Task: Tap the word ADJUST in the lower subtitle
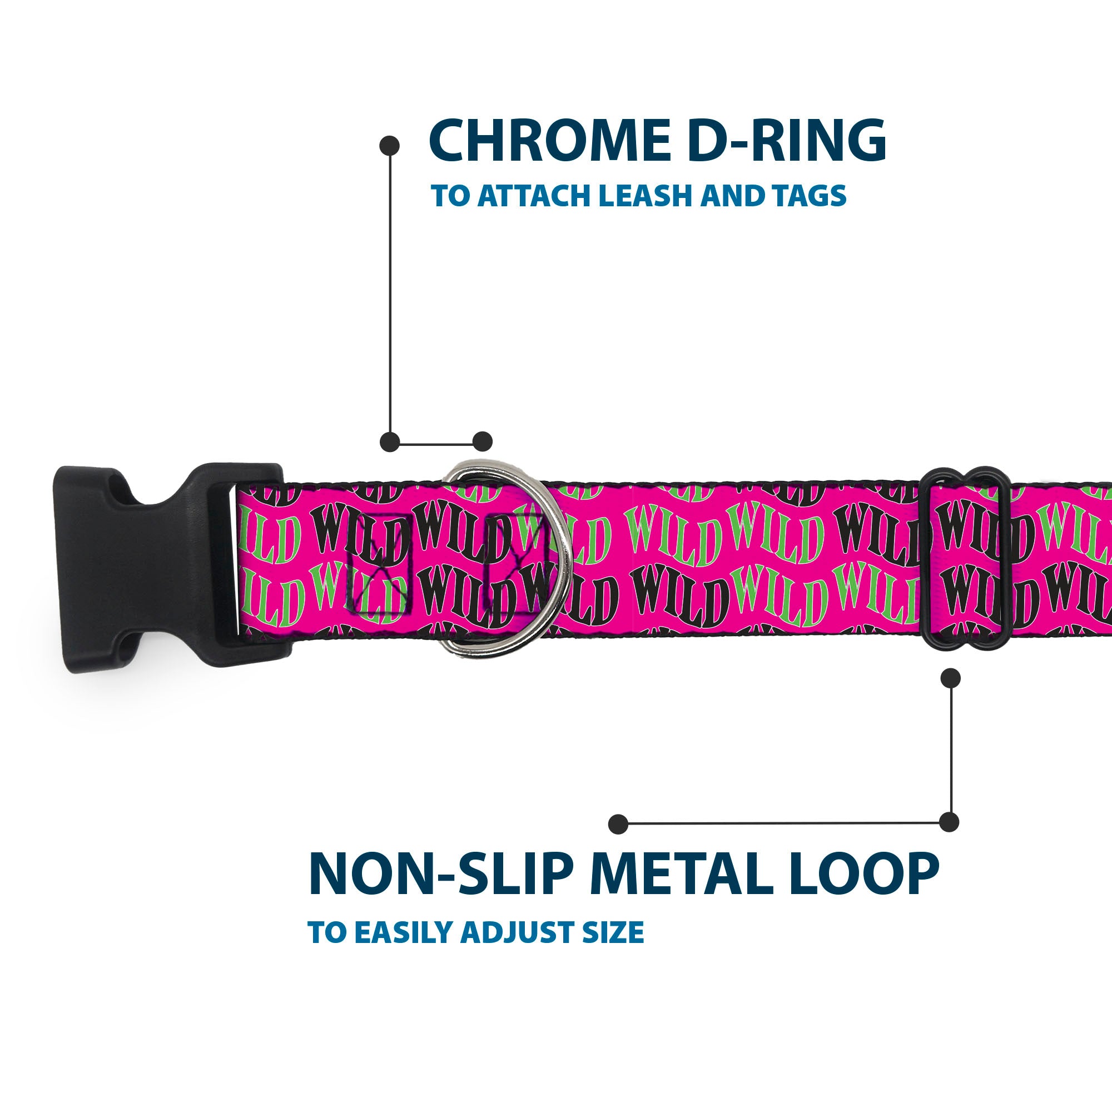click(517, 932)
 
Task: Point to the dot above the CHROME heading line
click(390, 146)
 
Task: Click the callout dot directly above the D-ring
click(482, 441)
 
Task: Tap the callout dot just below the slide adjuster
click(950, 678)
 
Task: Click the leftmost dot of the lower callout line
click(618, 823)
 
